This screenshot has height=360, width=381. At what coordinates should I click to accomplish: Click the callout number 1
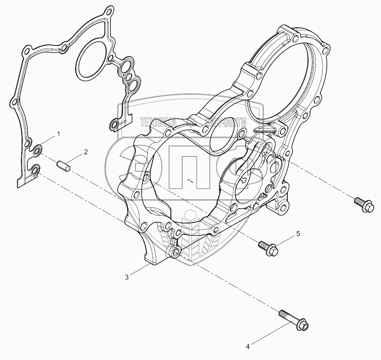[x=58, y=134]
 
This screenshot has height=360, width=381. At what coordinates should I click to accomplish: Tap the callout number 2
[x=86, y=152]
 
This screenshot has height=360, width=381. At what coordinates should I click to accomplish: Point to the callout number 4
[x=247, y=346]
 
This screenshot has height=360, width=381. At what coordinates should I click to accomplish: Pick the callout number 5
[x=298, y=234]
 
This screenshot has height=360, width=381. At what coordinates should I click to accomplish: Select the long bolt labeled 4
[x=293, y=320]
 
